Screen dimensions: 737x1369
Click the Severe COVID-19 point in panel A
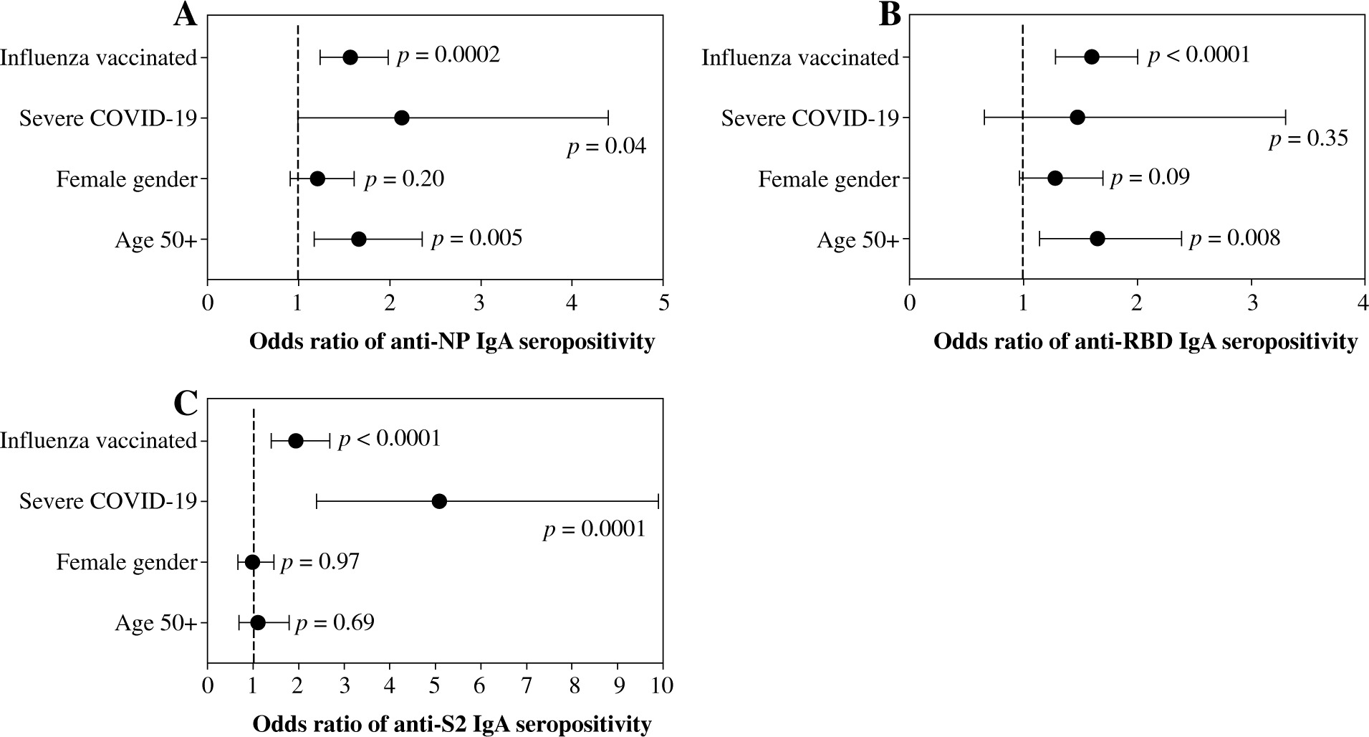pos(401,118)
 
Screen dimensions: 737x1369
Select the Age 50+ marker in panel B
pos(1097,239)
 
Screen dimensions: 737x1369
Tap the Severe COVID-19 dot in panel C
pos(439,501)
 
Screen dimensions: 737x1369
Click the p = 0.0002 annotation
pos(448,55)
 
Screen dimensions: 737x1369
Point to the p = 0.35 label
pos(1308,138)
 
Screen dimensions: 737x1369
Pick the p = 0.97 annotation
pos(320,561)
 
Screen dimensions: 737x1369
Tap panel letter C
pos(186,404)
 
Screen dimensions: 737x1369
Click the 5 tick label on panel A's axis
pos(663,303)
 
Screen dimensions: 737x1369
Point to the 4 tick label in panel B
pos(1363,303)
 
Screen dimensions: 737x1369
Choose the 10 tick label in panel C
pos(662,685)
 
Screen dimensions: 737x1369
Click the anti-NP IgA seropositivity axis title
pos(451,342)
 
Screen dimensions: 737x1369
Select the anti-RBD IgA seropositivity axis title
pos(1145,342)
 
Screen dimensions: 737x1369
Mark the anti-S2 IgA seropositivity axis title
pos(451,724)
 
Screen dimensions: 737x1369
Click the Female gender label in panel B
pos(828,179)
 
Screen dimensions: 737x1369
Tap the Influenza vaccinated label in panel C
pos(98,441)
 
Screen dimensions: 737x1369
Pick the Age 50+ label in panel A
pos(155,239)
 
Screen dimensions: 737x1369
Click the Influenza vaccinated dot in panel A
pos(350,57)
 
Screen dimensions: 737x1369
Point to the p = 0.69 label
pos(335,622)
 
